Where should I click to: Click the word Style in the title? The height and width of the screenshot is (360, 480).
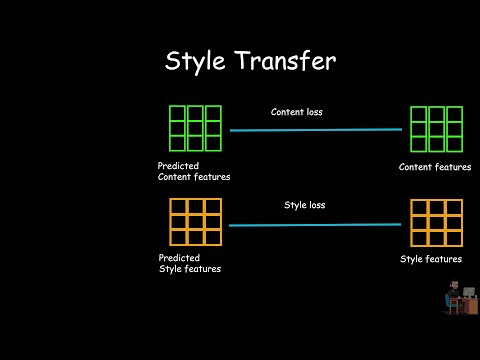pos(195,62)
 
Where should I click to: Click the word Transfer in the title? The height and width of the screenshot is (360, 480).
pos(286,60)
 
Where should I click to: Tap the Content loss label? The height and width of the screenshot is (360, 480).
pos(297,112)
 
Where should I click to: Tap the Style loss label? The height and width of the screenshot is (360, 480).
pos(305,205)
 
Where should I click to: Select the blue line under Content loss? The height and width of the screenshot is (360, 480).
pos(316,130)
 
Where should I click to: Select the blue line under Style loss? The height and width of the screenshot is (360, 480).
pos(315,225)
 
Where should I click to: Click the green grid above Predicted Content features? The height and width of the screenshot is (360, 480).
pos(195,128)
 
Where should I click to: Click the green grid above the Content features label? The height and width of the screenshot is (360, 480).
pos(436,129)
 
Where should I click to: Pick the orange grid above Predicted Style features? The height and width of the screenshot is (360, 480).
pos(195,222)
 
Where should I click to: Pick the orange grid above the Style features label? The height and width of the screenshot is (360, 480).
pos(436,223)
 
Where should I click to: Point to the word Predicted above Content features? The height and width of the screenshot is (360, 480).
pos(178,166)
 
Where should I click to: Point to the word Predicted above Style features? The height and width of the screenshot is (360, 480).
pos(179,258)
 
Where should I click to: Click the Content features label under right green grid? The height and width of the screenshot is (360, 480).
pos(435,167)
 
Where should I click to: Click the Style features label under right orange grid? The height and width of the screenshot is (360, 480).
pos(431,259)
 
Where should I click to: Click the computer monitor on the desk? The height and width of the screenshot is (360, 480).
pos(469,292)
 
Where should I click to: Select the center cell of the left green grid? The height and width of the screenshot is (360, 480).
pos(195,128)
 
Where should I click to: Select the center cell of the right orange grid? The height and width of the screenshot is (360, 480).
pos(436,223)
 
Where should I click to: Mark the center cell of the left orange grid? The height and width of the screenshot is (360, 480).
pos(195,222)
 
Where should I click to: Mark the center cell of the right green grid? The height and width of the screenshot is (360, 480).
pos(436,129)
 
